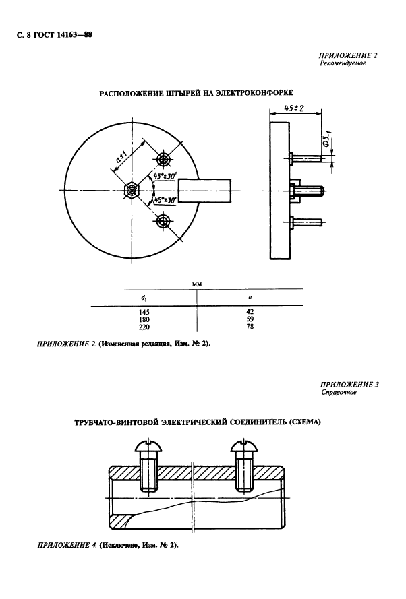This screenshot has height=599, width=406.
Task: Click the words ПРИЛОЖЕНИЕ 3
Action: (351, 384)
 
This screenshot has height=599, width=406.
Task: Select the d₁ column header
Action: (145, 297)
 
